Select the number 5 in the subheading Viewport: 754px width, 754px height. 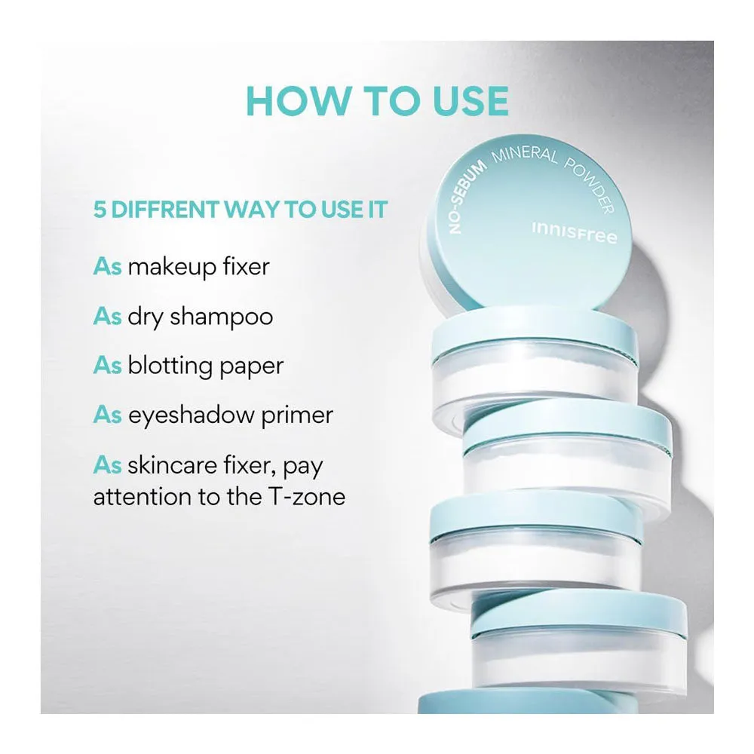100,210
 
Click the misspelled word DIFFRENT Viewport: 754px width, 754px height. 165,210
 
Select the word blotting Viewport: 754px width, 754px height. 170,366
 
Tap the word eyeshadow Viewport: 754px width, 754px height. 191,415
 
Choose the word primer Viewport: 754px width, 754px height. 297,416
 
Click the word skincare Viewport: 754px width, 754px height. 172,465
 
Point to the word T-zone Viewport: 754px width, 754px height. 306,497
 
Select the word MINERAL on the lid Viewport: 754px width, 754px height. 524,155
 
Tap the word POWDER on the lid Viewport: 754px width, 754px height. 590,184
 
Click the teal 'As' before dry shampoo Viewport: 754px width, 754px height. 107,317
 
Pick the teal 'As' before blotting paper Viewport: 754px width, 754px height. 107,366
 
